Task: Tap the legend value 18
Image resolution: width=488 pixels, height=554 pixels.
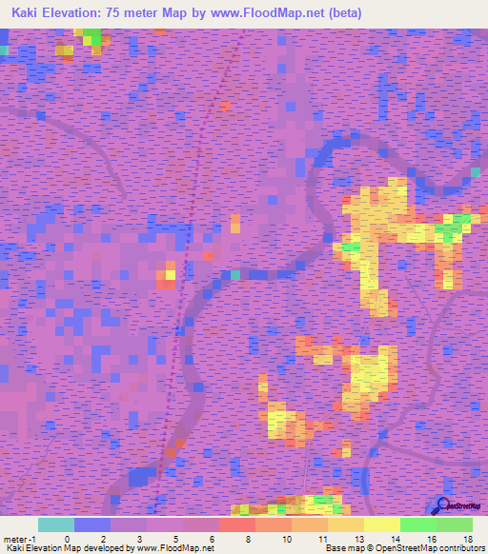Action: tap(467, 539)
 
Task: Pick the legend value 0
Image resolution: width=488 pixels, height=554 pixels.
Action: tap(67, 539)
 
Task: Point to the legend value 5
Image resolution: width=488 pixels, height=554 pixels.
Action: tap(175, 539)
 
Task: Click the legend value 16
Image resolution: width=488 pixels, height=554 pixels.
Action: tap(432, 539)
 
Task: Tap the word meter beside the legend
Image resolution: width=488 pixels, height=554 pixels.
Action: tap(15, 539)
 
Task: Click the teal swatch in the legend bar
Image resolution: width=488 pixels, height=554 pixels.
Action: tap(56, 524)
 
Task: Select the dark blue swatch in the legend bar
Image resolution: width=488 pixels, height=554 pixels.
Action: tap(92, 524)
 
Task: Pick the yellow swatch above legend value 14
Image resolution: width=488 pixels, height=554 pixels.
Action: tap(381, 524)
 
